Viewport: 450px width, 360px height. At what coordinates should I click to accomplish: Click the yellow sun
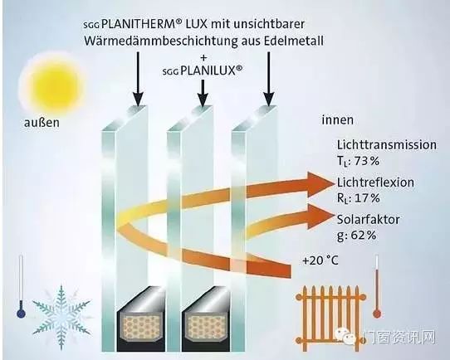52,82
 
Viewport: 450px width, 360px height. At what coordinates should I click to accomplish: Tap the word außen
42,123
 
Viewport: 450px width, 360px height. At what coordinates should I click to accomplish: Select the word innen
337,119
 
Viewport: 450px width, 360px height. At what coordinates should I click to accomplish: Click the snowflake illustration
61,318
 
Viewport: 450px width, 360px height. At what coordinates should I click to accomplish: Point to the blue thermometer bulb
21,314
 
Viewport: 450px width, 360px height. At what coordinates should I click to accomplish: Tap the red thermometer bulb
377,314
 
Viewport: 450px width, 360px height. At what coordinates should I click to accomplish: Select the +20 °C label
320,260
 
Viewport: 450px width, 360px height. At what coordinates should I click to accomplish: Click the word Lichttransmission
387,144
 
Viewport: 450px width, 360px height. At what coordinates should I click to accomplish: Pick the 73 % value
367,161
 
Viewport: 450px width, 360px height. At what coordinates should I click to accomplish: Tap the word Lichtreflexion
375,182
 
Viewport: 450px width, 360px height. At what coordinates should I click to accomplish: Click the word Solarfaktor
368,220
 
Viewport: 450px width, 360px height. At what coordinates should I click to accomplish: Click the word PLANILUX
208,71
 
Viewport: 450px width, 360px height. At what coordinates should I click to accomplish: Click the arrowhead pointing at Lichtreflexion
320,185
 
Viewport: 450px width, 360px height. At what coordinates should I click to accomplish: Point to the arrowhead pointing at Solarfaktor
320,216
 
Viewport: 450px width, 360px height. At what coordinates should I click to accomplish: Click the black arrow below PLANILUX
203,93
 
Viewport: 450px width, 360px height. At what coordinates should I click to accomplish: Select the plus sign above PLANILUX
203,57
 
